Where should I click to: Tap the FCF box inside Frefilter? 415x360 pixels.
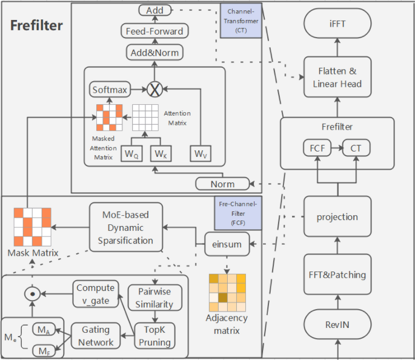tap(316, 147)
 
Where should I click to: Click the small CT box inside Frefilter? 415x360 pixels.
tap(357, 147)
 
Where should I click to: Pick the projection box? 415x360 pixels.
tap(337, 217)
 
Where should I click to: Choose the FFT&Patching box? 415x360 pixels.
tap(337, 275)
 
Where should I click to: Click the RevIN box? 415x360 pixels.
tap(337, 325)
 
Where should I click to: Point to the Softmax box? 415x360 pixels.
tap(110, 90)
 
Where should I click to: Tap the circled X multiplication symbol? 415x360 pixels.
tap(156, 90)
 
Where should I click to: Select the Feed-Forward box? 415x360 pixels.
tap(154, 31)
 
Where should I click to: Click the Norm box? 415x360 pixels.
tap(223, 183)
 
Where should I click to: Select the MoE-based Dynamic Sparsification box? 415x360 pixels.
tap(127, 227)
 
